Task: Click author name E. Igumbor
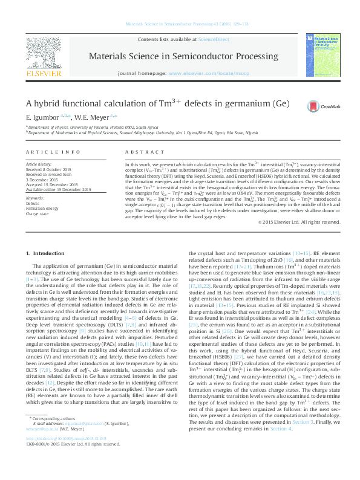[x=42, y=115]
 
